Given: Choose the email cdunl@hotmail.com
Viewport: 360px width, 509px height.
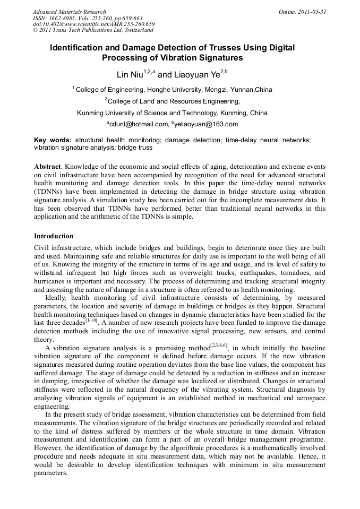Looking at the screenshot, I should point(138,124).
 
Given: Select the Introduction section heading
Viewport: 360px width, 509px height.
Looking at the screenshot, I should point(54,236).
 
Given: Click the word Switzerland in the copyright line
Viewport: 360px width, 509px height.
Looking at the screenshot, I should point(132,30).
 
